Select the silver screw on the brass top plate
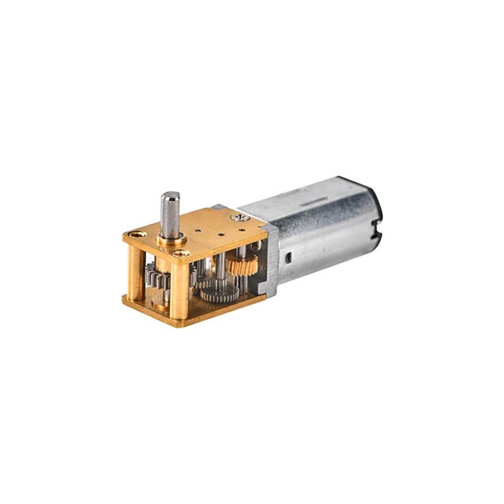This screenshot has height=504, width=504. (x=236, y=213)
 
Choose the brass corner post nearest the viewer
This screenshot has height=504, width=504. (x=181, y=284)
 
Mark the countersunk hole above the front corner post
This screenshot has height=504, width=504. (x=182, y=253)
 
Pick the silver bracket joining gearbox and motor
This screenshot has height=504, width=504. (x=268, y=259)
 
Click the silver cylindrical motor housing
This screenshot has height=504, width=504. (x=324, y=230)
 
